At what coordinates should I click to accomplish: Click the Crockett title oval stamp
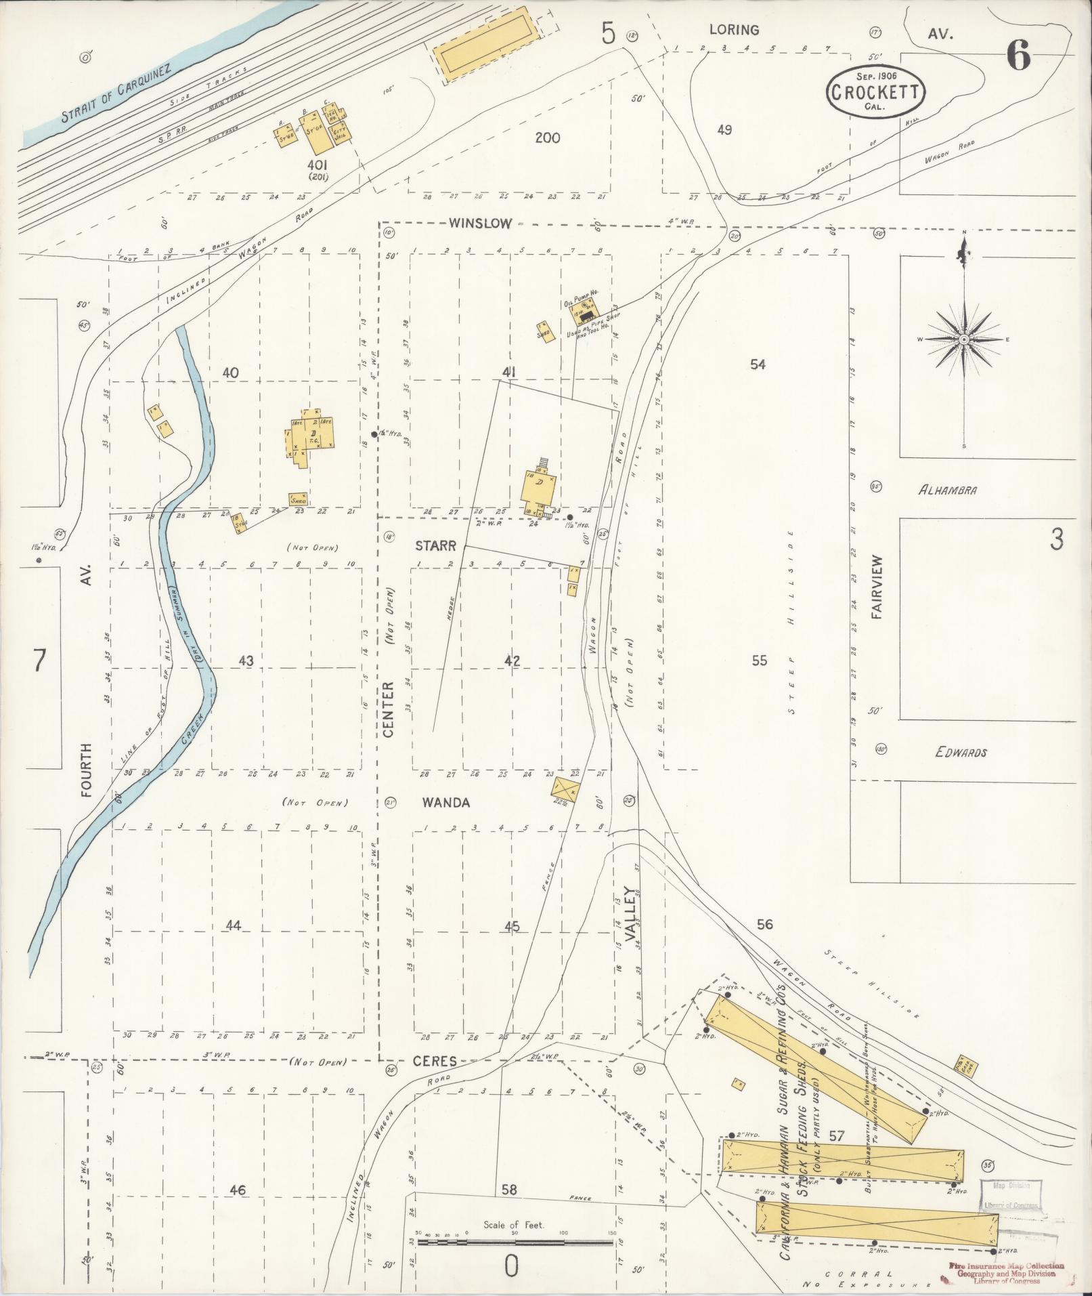pyautogui.click(x=875, y=91)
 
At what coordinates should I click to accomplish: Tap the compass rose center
pyautogui.click(x=963, y=338)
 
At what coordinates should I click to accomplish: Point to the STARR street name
pyautogui.click(x=435, y=545)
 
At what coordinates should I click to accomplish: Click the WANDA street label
pyautogui.click(x=445, y=803)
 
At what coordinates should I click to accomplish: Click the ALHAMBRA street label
pyautogui.click(x=947, y=490)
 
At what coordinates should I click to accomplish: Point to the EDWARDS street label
pyautogui.click(x=961, y=752)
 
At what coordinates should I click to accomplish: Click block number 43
pyautogui.click(x=246, y=660)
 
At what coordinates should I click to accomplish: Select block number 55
pyautogui.click(x=760, y=660)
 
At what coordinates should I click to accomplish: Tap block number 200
pyautogui.click(x=547, y=138)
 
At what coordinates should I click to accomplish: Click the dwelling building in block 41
pyautogui.click(x=540, y=488)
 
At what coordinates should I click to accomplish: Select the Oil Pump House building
pyautogui.click(x=586, y=310)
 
